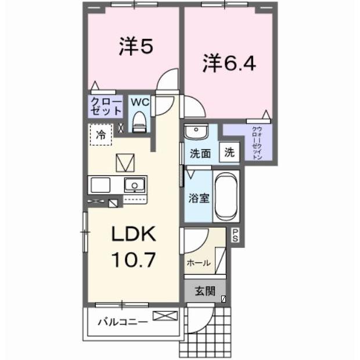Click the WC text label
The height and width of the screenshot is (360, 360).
pyautogui.click(x=139, y=102)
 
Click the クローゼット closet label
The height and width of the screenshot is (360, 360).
pyautogui.click(x=106, y=106)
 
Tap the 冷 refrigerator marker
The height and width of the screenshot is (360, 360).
pyautogui.click(x=101, y=136)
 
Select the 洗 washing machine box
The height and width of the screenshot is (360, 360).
pyautogui.click(x=230, y=153)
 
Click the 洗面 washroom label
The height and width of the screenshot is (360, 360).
pyautogui.click(x=199, y=154)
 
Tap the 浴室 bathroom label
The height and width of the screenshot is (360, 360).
pyautogui.click(x=199, y=197)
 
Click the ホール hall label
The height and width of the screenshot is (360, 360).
pyautogui.click(x=198, y=263)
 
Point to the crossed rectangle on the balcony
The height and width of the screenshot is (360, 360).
pyautogui.click(x=164, y=317)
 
